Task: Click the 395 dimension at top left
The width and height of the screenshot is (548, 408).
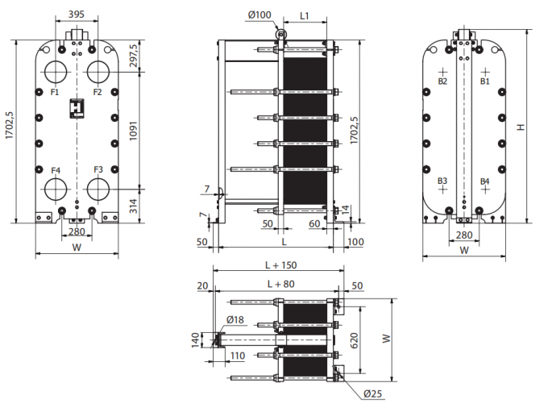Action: [x=77, y=14]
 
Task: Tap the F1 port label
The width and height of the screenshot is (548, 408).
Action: [x=55, y=92]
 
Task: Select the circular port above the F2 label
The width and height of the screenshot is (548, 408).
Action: [x=98, y=72]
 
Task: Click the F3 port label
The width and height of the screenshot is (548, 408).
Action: [x=98, y=169]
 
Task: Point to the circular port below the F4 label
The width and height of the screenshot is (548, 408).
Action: [x=56, y=189]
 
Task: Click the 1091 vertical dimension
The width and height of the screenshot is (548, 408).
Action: [x=133, y=131]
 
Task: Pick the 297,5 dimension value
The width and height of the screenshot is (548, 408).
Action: [x=133, y=56]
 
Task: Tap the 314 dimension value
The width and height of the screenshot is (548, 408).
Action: [x=133, y=206]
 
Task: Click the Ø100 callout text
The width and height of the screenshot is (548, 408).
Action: [x=259, y=15]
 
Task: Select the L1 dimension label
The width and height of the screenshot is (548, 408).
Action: [x=305, y=16]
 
